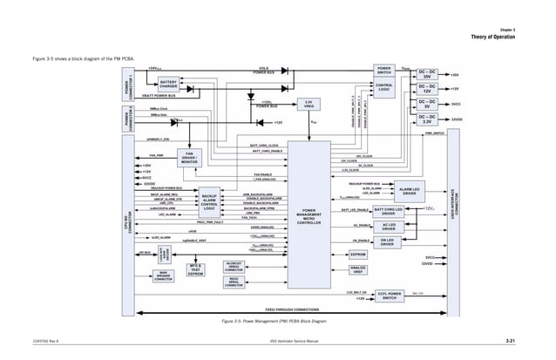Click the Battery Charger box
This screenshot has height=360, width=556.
[x=168, y=85]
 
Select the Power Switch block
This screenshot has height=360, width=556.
[x=385, y=69]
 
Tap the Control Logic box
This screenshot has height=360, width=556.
[x=385, y=86]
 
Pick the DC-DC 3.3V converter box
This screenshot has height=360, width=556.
[x=428, y=119]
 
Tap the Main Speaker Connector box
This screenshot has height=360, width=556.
[x=162, y=277]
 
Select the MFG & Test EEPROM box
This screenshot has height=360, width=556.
[x=196, y=269]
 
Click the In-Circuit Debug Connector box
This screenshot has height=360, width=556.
[x=234, y=267]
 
